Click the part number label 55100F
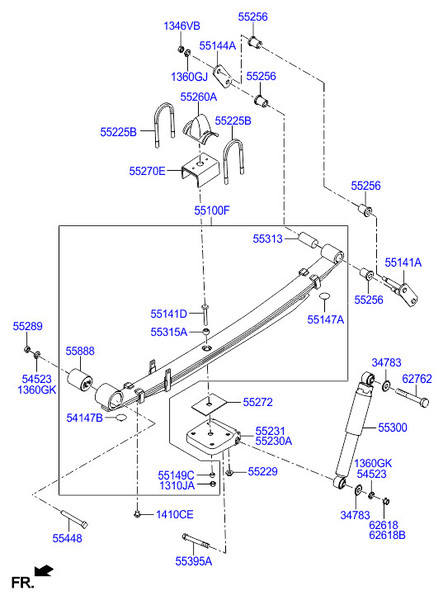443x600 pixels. (x=212, y=210)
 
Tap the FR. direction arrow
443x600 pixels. (x=43, y=570)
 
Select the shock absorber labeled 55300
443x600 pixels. (x=354, y=429)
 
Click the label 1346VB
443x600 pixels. (x=182, y=26)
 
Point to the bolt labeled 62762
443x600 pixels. (x=412, y=397)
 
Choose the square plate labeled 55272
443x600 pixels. (x=209, y=406)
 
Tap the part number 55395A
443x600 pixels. (x=194, y=561)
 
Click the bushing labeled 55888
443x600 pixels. (x=80, y=379)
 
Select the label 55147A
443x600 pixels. (x=326, y=320)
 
